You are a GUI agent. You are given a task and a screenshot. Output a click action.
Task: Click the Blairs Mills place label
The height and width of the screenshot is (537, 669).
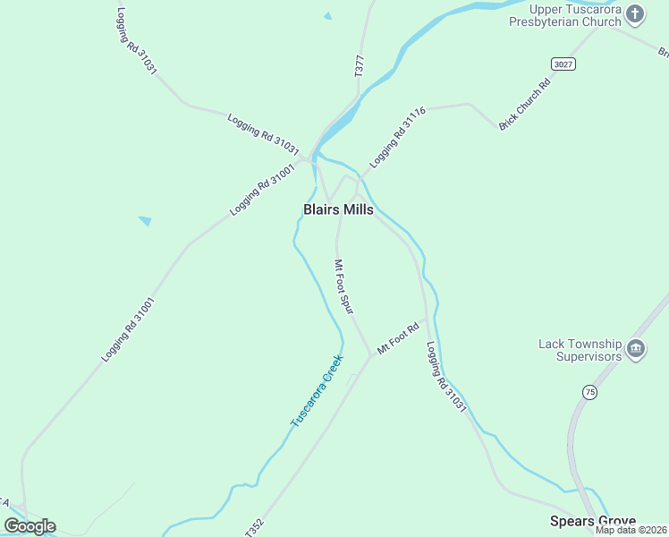pyautogui.click(x=338, y=209)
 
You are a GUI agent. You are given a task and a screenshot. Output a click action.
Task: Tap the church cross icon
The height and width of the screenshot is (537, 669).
pyautogui.click(x=635, y=13)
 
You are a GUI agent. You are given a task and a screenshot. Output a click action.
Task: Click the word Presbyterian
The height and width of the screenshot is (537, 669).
pyautogui.click(x=551, y=22)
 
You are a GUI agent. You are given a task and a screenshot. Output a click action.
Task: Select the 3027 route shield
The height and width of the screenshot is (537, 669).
pyautogui.click(x=563, y=64)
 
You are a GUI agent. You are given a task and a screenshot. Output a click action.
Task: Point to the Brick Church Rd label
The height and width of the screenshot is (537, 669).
pyautogui.click(x=525, y=105)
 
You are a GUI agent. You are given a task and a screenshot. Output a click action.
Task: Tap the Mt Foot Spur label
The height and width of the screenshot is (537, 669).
pyautogui.click(x=344, y=286)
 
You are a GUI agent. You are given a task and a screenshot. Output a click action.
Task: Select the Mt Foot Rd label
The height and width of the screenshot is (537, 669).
pyautogui.click(x=398, y=338)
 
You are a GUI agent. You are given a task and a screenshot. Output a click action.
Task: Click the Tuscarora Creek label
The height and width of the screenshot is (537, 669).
pyautogui.click(x=317, y=390)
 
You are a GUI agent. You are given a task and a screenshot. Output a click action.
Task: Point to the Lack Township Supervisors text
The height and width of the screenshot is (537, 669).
pyautogui.click(x=580, y=350)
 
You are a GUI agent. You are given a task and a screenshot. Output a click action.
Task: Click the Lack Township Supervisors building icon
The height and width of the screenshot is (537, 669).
pyautogui.click(x=636, y=348)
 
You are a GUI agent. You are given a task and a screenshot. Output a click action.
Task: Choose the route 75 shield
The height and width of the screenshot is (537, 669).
pyautogui.click(x=589, y=392)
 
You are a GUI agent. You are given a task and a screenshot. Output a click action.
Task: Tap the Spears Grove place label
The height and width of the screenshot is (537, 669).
pyautogui.click(x=593, y=521)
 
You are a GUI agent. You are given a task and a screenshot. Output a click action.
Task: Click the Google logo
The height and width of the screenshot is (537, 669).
pyautogui.click(x=30, y=526)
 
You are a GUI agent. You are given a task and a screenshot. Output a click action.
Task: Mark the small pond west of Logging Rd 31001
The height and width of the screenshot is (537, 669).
pyautogui.click(x=145, y=220)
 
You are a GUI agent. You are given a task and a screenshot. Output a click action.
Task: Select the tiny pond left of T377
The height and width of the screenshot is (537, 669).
pyautogui.click(x=328, y=15)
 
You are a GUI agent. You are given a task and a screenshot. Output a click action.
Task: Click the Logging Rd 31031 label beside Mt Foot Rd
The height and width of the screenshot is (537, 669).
pyautogui.click(x=446, y=377)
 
